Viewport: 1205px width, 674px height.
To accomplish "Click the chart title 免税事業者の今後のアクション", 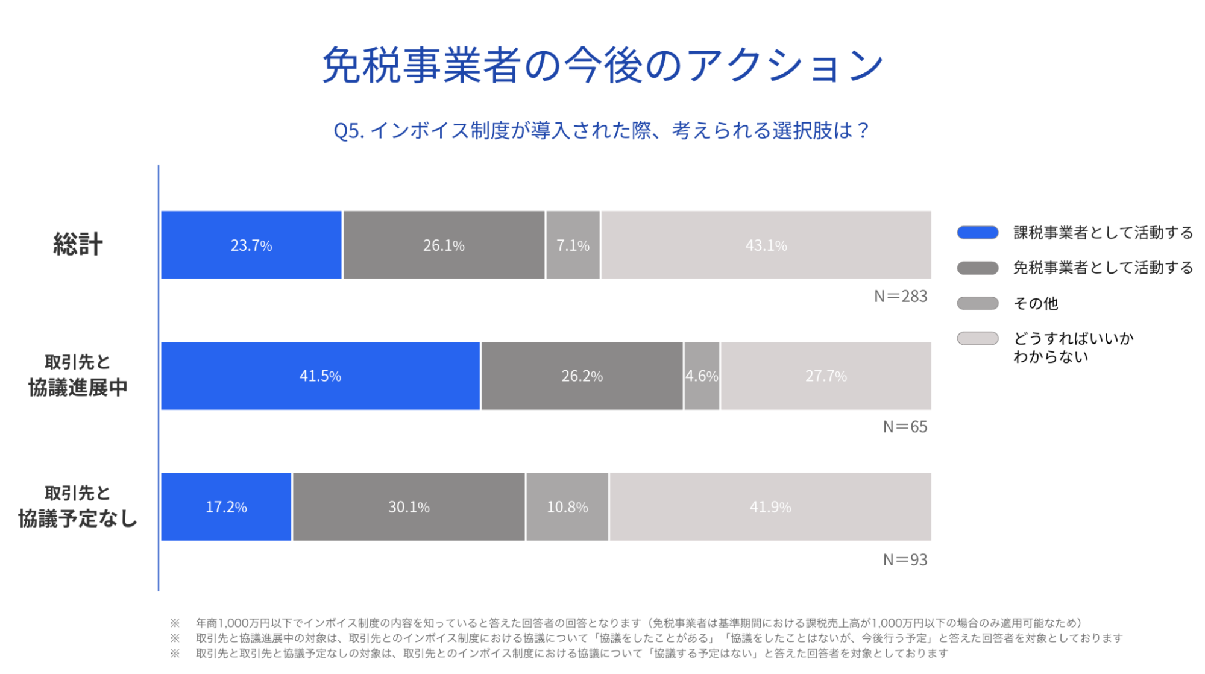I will click(x=602, y=65).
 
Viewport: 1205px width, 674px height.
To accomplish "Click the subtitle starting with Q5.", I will click(x=601, y=130).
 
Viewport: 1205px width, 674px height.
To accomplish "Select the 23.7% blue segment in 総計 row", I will click(x=251, y=245).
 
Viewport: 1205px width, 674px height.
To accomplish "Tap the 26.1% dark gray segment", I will click(x=444, y=245).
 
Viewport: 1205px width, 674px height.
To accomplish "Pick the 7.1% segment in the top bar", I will click(x=573, y=245).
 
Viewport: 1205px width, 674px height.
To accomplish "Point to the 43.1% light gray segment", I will click(x=766, y=245).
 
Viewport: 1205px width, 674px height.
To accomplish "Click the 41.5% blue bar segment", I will click(x=320, y=376).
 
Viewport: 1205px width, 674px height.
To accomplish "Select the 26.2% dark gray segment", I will click(x=582, y=376).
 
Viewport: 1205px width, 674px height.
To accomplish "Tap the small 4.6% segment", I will click(x=702, y=376).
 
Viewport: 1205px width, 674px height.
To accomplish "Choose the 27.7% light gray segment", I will click(x=826, y=376).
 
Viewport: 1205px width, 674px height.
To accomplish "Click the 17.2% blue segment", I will click(x=226, y=507).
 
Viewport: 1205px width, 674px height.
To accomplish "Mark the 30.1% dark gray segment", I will click(x=409, y=507).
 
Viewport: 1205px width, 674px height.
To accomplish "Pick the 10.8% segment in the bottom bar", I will click(x=567, y=507).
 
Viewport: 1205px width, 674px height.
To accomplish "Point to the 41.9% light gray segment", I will click(x=770, y=507).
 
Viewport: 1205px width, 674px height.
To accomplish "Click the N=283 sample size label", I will click(x=901, y=296).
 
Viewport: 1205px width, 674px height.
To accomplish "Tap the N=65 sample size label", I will click(x=905, y=427).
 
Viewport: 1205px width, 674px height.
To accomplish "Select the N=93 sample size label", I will click(x=905, y=559).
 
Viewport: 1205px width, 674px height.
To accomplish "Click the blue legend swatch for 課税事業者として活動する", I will click(x=977, y=233).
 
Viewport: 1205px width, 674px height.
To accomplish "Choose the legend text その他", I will click(x=1036, y=303).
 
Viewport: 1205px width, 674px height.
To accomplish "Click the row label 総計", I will click(x=78, y=245).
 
